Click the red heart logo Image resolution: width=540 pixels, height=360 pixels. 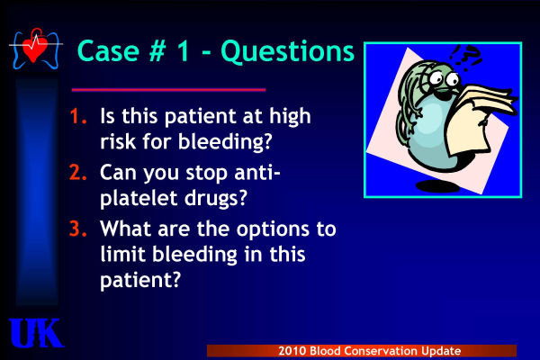pos(35,49)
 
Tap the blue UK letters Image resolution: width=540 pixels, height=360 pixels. pos(36,333)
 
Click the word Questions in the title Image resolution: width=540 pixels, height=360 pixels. pos(288,51)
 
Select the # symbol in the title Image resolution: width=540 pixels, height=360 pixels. pos(157,50)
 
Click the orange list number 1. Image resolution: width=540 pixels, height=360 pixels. pos(77,115)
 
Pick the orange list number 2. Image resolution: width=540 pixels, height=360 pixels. pos(77,172)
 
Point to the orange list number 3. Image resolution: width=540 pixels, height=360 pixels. pos(77,228)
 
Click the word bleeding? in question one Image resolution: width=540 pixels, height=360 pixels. pos(225,141)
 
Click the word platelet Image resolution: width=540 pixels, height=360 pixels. pos(139,197)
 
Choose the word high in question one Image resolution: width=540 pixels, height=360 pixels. pos(290,116)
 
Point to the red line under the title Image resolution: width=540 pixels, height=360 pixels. pos(169,90)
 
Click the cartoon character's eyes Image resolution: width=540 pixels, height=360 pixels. pos(444,78)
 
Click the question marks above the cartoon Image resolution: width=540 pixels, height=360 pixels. pos(464,58)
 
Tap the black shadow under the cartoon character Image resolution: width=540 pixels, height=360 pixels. pos(437,186)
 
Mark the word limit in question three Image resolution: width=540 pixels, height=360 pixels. pos(123,254)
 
